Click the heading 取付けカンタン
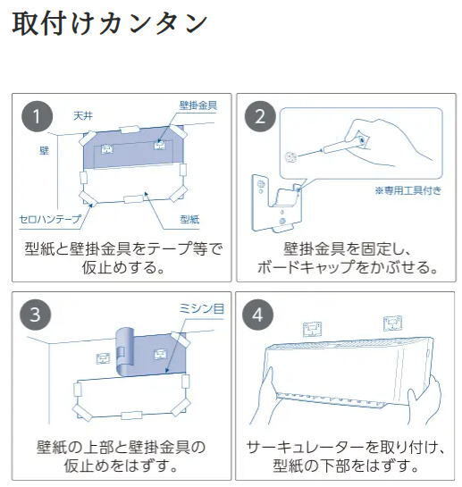110,23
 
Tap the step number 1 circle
37,116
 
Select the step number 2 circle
260,116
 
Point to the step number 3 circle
35,315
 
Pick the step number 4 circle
258,315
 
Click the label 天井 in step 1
83,116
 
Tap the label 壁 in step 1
44,151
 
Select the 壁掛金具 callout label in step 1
197,105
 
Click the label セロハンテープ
50,219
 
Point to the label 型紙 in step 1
189,219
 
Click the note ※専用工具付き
408,190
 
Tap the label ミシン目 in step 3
201,308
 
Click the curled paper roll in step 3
124,351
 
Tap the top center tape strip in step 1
130,129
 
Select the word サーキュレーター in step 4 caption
305,448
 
